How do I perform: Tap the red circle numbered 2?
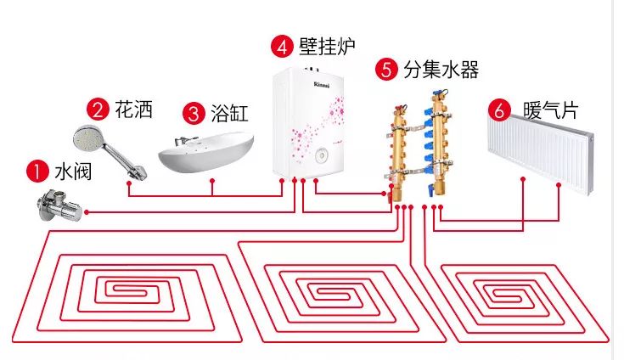click(98, 109)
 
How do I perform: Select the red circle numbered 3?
click(194, 112)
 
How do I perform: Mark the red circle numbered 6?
click(500, 110)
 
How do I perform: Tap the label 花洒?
click(132, 110)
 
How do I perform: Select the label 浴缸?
click(229, 113)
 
